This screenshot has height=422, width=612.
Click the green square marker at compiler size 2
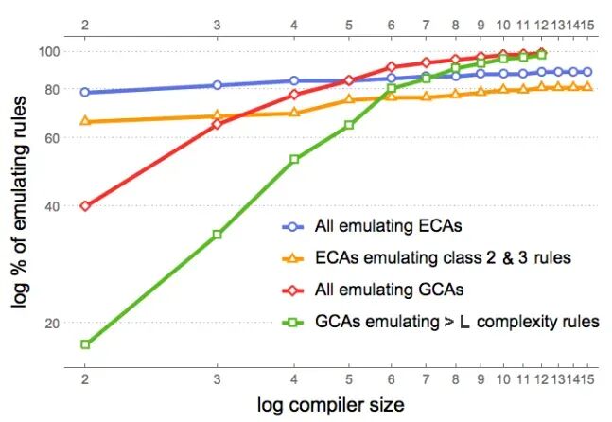(85, 344)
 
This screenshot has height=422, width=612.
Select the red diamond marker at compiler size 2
(85, 205)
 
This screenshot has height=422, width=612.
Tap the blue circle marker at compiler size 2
(85, 92)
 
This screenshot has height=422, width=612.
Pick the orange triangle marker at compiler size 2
(85, 121)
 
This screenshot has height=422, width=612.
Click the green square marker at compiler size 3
(218, 235)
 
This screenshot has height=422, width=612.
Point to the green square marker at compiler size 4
(294, 159)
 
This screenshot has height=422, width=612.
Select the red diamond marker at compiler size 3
(218, 124)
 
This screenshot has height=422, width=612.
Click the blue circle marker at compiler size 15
(587, 72)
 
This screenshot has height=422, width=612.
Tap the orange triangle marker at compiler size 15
(587, 86)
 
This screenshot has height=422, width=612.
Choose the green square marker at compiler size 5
(349, 125)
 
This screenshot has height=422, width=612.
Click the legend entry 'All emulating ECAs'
(372, 226)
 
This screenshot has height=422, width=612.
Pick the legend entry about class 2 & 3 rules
(427, 258)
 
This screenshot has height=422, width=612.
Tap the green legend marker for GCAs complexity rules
(292, 323)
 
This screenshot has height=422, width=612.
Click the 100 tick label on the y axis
(49, 51)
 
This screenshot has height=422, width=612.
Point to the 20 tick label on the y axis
(53, 323)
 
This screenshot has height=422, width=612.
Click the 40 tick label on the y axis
(53, 205)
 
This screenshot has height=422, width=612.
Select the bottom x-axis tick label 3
(218, 379)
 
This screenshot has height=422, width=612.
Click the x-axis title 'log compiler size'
(330, 405)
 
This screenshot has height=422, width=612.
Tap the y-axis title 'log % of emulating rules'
(20, 202)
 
